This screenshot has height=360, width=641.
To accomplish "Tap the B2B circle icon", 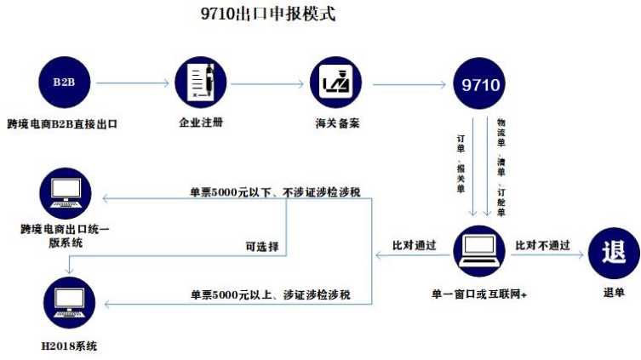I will (63, 83).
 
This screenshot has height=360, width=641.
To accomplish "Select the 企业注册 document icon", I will (200, 83).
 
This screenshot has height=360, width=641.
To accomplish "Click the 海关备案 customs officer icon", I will (337, 83).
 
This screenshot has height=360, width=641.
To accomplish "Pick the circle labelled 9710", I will (480, 84).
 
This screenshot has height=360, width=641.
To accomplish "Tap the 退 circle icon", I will (613, 253).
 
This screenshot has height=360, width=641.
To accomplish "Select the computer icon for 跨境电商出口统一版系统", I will (66, 193).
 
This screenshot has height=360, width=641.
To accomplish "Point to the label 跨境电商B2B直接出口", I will (61, 123).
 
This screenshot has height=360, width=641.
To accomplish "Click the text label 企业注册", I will (200, 123).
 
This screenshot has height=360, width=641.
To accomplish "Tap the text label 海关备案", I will (337, 123).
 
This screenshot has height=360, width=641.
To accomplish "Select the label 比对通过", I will (414, 245).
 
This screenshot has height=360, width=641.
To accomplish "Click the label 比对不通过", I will (542, 245).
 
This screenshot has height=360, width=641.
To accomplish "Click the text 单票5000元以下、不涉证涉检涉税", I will (274, 192).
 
